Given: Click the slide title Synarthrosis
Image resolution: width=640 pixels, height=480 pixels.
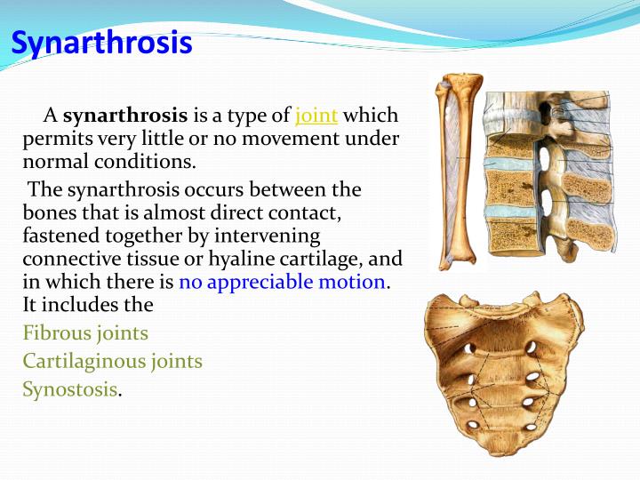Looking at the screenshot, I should tap(102, 43).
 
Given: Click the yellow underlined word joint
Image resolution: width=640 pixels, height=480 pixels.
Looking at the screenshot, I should tap(316, 116).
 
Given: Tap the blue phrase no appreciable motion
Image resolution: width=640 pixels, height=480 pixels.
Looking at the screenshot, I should tap(283, 283).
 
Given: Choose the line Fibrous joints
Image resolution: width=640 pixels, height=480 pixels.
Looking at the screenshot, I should tap(85, 333).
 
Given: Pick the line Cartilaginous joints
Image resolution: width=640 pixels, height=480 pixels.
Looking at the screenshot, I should tap(113, 361).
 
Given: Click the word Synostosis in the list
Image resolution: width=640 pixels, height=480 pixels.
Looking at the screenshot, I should tap(69, 388).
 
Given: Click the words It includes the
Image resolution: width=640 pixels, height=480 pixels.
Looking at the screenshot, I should tap(88, 305).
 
